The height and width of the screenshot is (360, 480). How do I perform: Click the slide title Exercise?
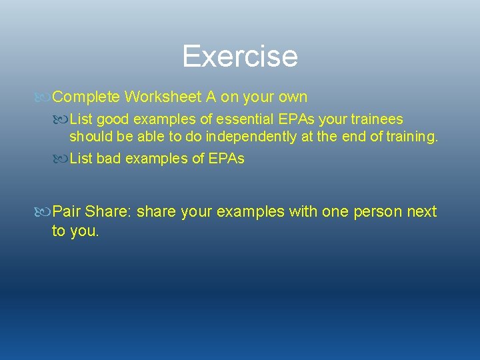[239, 56]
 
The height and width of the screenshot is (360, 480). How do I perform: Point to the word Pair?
[66, 212]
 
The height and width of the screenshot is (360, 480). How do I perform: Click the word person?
[379, 212]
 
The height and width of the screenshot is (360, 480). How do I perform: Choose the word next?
[422, 212]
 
